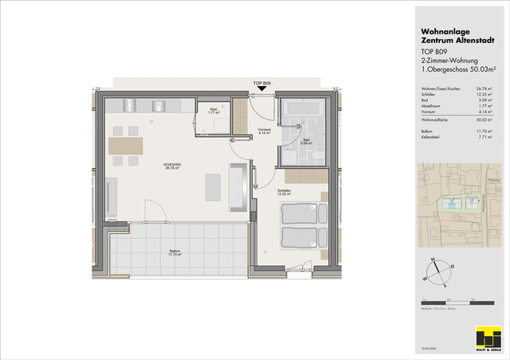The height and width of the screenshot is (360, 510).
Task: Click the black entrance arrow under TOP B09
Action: [x=262, y=90]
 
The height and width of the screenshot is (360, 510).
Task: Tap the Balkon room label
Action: [x=175, y=254]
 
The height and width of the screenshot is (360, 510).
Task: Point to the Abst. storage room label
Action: [x=214, y=112]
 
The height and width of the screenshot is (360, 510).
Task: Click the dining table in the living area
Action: [x=125, y=146]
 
